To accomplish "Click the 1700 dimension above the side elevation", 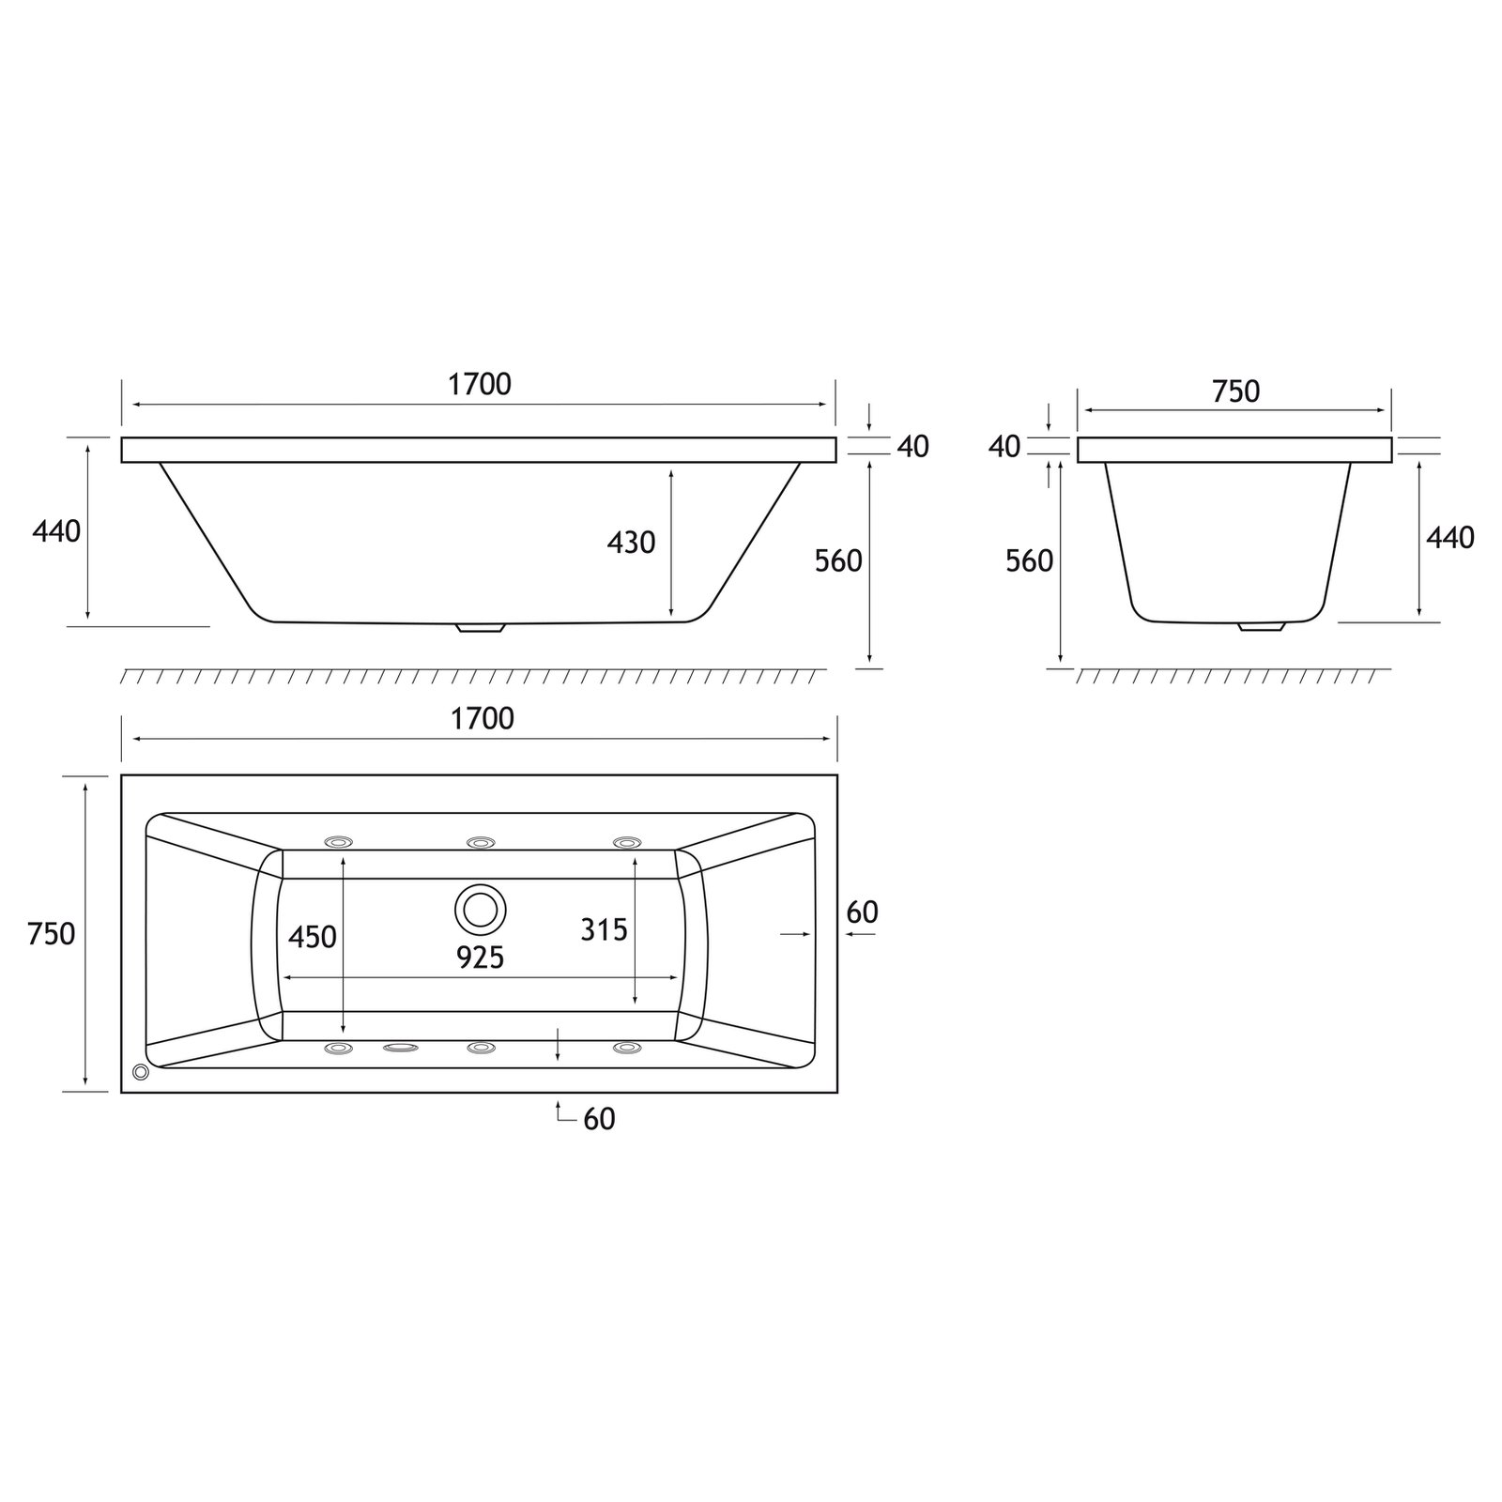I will pos(480,384).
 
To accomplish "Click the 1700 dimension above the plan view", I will pos(483,718).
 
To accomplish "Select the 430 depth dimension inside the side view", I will pos(631,543).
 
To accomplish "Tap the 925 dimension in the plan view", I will pos(481,958).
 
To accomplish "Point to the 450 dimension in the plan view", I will pos(312,937).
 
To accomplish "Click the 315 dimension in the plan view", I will pos(604,929).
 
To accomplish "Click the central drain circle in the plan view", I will pos(481,910).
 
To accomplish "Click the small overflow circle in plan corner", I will pos(141,1071).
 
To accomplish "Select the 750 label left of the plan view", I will pos(52,934).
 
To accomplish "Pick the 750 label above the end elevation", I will pos(1235,391).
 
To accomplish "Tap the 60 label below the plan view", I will pos(599,1119).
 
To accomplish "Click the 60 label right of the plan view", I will pos(862,912).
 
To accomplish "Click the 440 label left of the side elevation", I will pos(56,531).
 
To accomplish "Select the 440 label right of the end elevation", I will pos(1449,538).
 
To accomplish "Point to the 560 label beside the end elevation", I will pos(1029,561).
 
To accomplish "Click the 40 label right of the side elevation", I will pos(912,447).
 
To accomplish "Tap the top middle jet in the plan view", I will pos(481,842).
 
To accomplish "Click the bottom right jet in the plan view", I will pos(626,1047).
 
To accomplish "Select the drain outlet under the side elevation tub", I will pos(481,627).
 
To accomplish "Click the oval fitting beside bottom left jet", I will pos(401,1048).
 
